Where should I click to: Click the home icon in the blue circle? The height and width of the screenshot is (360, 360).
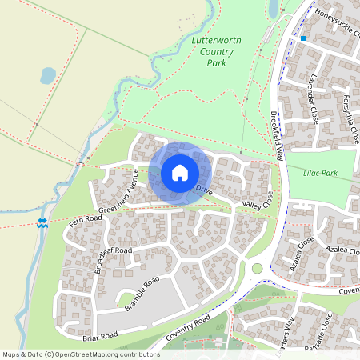(x=180, y=172)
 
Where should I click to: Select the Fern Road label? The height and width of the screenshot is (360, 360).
(x=86, y=219)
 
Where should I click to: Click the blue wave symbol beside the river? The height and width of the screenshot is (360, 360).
(x=42, y=223)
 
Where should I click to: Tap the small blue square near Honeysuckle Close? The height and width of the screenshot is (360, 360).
(x=303, y=38)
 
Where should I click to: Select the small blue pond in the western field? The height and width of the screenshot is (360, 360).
(x=48, y=75)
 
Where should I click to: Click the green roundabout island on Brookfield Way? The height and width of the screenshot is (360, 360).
(x=258, y=268)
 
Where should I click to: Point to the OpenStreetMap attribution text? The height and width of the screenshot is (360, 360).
(x=80, y=354)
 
